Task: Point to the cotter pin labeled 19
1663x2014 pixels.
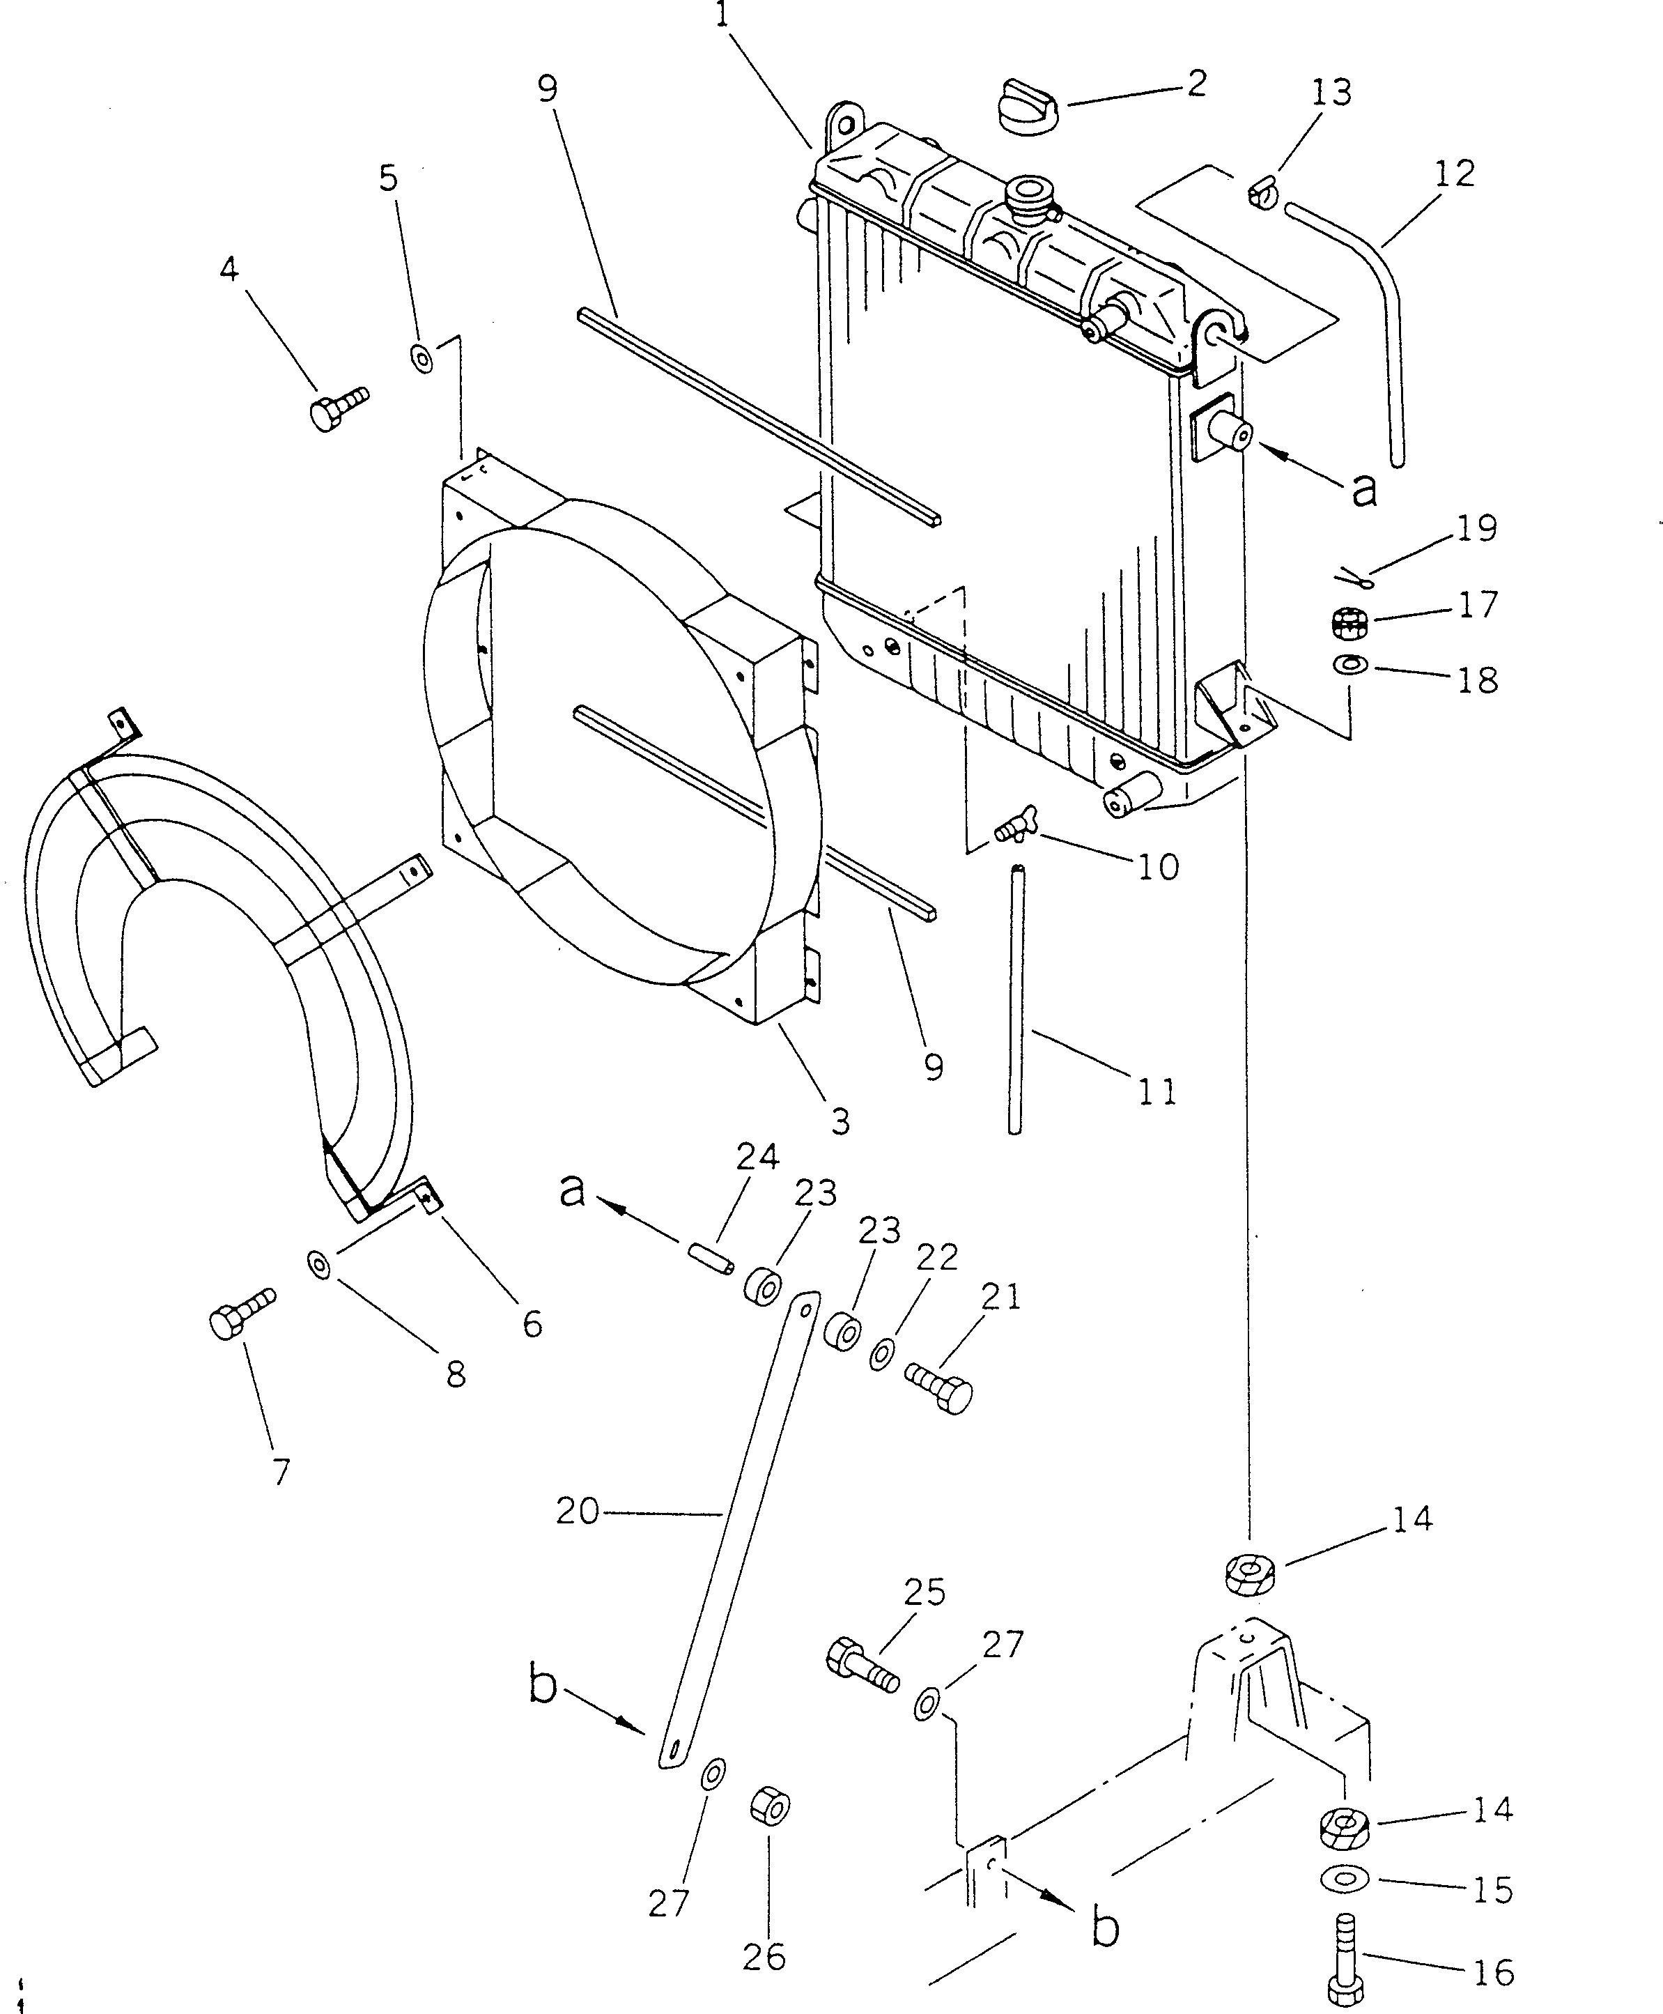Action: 1356,578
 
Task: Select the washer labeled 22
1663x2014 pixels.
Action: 882,1355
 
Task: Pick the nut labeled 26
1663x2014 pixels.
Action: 768,1807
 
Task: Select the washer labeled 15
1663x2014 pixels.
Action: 1346,1879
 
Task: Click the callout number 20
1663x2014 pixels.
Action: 578,1511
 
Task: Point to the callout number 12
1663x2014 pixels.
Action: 1454,174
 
